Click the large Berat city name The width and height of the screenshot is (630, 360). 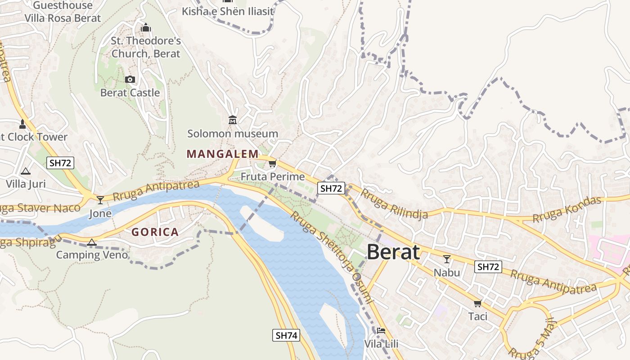pyautogui.click(x=393, y=252)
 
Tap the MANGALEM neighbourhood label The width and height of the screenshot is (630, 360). pyautogui.click(x=223, y=154)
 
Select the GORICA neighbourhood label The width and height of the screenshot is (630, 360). pyautogui.click(x=155, y=232)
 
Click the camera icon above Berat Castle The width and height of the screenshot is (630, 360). pyautogui.click(x=130, y=80)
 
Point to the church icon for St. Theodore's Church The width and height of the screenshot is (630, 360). pyautogui.click(x=145, y=28)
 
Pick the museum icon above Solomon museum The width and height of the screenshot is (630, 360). pyautogui.click(x=233, y=120)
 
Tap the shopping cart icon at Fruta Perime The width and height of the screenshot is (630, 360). pyautogui.click(x=272, y=163)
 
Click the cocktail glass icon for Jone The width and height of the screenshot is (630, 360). pyautogui.click(x=100, y=200)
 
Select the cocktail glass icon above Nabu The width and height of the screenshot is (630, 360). pyautogui.click(x=447, y=259)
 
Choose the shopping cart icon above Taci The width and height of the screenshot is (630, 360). pyautogui.click(x=477, y=303)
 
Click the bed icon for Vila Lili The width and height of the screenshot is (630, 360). pyautogui.click(x=381, y=331)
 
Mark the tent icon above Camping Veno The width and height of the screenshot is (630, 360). pyautogui.click(x=92, y=242)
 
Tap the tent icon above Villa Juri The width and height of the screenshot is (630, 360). pyautogui.click(x=26, y=171)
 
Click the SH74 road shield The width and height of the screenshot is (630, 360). pyautogui.click(x=286, y=335)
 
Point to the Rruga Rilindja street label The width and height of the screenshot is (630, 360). pyautogui.click(x=394, y=204)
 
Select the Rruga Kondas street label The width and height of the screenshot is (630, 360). pyautogui.click(x=567, y=210)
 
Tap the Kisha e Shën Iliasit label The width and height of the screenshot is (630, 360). pyautogui.click(x=228, y=11)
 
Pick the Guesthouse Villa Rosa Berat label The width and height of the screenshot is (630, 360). pyautogui.click(x=63, y=12)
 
